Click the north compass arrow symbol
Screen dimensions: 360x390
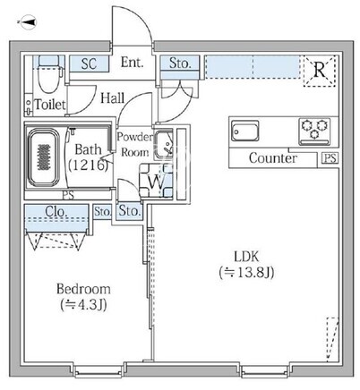coord(28,22)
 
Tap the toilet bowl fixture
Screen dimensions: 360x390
coord(49,74)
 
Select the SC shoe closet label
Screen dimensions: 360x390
coord(89,64)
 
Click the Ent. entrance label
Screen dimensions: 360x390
coord(132,63)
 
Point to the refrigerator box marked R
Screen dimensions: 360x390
coord(320,71)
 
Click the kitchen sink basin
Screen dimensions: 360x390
coord(245,131)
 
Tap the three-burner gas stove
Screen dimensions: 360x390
coord(314,131)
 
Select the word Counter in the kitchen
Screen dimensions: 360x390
coord(273,158)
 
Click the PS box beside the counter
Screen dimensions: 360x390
coord(330,158)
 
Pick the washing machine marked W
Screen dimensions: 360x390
coord(156,181)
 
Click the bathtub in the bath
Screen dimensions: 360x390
coord(43,157)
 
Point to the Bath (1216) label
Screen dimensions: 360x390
coord(88,157)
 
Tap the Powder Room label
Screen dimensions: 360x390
coord(134,145)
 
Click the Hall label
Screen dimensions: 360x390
coord(112,98)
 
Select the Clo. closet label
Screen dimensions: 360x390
coord(56,211)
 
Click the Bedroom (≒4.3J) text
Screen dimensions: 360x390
coord(83,297)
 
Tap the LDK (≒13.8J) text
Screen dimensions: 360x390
coord(246,265)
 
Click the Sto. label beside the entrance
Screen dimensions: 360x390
coord(180,63)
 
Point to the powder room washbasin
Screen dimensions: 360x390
coord(163,145)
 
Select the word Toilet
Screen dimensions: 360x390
coord(50,105)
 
